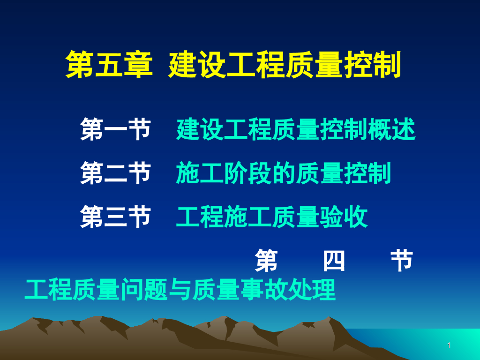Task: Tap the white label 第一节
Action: (x=115, y=130)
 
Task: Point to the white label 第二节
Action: (x=115, y=173)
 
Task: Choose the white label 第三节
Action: (x=115, y=217)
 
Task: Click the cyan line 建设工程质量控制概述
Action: (x=296, y=130)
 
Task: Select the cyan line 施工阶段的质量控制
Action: (x=284, y=173)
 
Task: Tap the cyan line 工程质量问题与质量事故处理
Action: (x=180, y=290)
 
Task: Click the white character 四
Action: (x=334, y=261)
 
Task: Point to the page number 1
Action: (x=449, y=346)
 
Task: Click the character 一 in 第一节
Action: (x=115, y=130)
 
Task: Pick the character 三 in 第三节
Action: (x=115, y=217)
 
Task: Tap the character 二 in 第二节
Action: (x=115, y=173)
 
